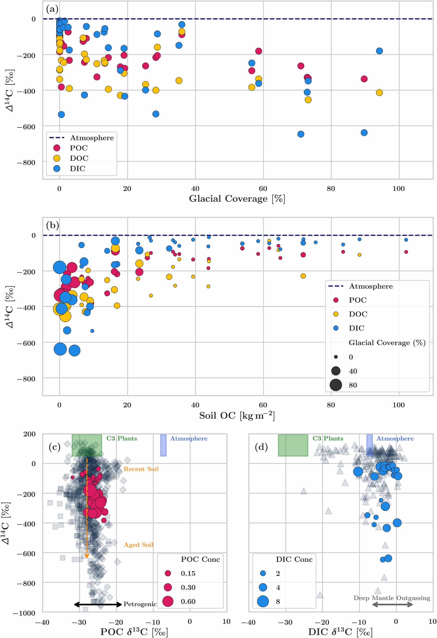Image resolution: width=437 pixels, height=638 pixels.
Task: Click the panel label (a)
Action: [x=52, y=9]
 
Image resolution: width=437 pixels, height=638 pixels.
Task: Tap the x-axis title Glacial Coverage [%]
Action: [x=237, y=198]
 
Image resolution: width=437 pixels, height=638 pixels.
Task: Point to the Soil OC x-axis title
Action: [x=237, y=415]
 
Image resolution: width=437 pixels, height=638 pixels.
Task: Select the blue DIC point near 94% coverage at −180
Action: [x=379, y=51]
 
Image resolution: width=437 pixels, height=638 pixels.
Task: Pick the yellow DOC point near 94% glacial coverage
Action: [x=379, y=92]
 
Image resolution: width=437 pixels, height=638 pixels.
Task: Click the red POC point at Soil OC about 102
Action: [x=406, y=252]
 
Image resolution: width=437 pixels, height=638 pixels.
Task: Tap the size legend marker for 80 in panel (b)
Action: [x=336, y=385]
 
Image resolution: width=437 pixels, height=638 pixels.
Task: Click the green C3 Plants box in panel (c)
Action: [x=87, y=445]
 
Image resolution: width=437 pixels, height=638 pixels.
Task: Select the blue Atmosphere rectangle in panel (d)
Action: [x=370, y=445]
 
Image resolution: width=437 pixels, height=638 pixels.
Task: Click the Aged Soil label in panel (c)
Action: [x=138, y=545]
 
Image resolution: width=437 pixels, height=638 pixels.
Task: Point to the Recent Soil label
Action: [x=141, y=469]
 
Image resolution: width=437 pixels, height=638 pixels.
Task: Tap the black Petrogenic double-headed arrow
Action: [x=98, y=604]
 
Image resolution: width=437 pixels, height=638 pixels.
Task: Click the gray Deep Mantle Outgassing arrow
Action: [x=392, y=604]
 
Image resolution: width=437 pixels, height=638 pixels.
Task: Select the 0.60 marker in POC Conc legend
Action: [x=168, y=601]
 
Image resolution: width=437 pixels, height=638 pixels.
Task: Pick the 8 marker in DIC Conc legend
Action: [x=263, y=601]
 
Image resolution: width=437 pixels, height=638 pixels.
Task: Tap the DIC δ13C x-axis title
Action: [x=340, y=632]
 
